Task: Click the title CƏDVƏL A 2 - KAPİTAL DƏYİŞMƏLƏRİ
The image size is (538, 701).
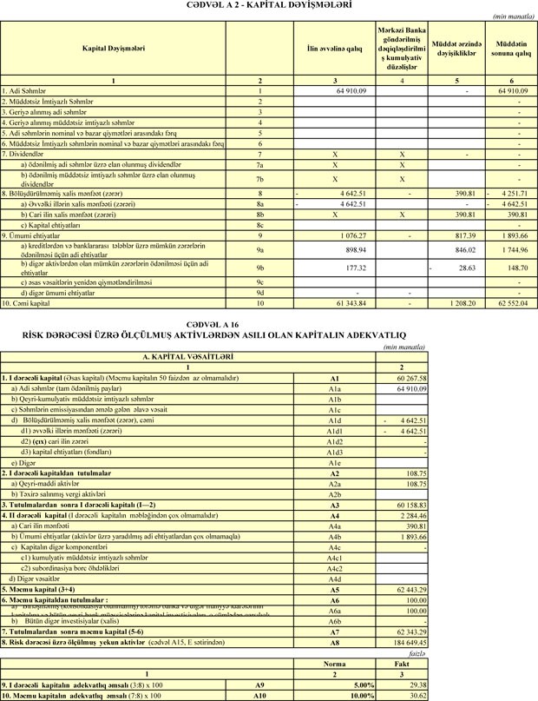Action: click(268, 5)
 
